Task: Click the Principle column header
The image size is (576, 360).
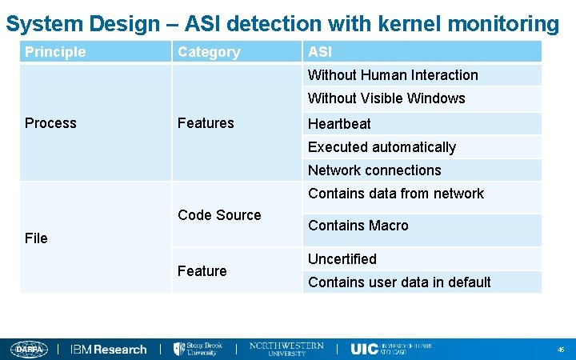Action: click(x=55, y=52)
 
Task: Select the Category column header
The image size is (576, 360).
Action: click(x=209, y=52)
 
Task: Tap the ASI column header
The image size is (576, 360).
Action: click(x=320, y=52)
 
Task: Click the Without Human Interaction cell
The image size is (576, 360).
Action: click(x=393, y=75)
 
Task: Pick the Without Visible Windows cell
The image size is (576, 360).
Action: click(x=386, y=98)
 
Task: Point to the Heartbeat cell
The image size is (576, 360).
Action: click(x=339, y=124)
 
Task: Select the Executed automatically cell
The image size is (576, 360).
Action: click(x=382, y=147)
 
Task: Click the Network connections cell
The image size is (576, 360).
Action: click(x=374, y=170)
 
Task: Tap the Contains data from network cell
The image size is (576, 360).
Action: click(x=396, y=194)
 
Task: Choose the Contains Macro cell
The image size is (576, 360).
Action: click(x=358, y=226)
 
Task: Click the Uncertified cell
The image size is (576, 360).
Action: click(x=342, y=259)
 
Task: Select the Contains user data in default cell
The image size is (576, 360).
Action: click(x=399, y=282)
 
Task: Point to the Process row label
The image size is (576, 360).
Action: click(x=50, y=123)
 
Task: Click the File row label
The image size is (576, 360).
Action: click(x=36, y=238)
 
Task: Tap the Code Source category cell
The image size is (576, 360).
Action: click(x=219, y=215)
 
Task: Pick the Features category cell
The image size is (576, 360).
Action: click(x=206, y=123)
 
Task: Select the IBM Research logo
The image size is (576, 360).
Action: click(x=109, y=350)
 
